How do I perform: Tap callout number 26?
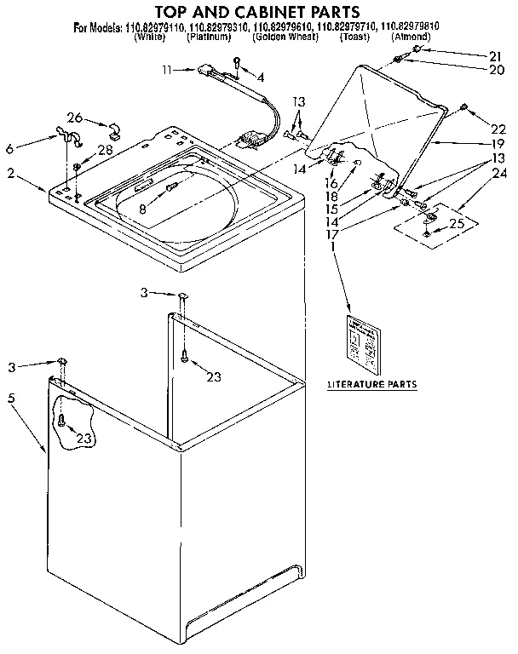[75, 117]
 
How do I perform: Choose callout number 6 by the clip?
[9, 148]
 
